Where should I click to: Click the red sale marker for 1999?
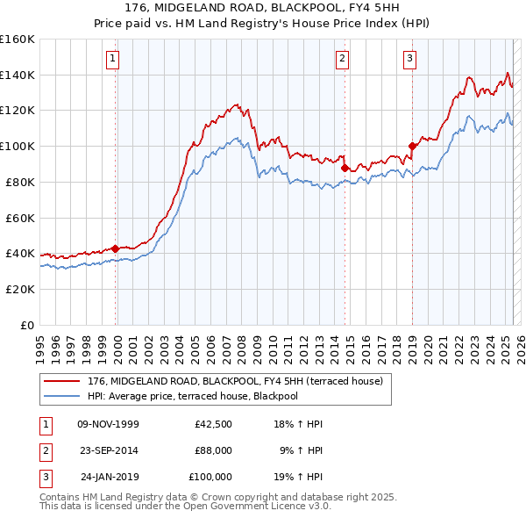click(x=116, y=248)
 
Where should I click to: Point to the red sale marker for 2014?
click(x=345, y=167)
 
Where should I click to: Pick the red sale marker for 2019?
click(x=412, y=146)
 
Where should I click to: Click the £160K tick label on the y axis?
click(x=17, y=40)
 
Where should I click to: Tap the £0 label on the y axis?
click(x=26, y=325)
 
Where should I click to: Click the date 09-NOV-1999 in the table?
click(x=109, y=424)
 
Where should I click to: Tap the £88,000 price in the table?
click(x=213, y=450)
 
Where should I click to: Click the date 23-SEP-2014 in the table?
click(x=109, y=450)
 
